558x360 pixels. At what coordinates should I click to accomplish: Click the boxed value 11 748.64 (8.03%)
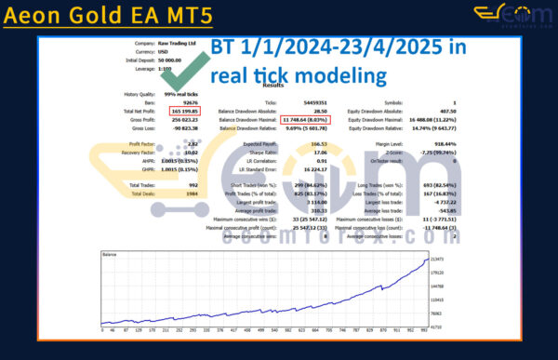point(307,119)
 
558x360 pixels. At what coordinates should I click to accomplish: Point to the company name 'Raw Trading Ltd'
point(179,43)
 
